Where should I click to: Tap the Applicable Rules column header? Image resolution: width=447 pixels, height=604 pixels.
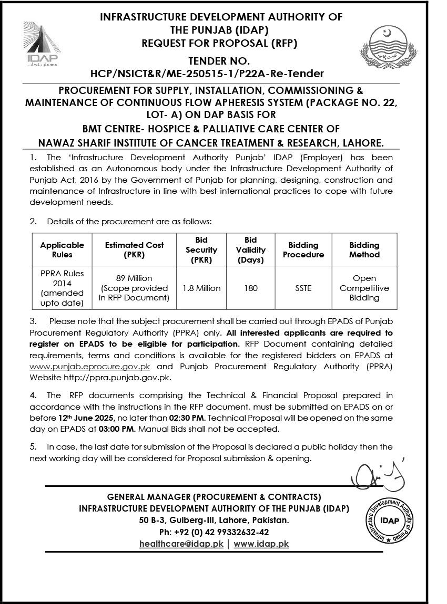[62, 250]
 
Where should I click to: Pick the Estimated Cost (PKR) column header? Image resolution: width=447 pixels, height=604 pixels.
[134, 250]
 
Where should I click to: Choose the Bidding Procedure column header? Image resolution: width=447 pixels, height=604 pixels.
[303, 250]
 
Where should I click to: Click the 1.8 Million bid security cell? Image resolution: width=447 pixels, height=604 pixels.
[201, 288]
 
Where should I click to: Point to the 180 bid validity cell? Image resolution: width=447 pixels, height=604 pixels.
[251, 288]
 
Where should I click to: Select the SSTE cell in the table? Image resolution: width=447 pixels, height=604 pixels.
[303, 288]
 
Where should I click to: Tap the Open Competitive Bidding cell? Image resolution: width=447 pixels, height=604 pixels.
[364, 288]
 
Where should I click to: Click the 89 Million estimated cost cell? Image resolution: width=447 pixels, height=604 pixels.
[134, 288]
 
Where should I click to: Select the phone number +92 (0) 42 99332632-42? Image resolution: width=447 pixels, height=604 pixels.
[214, 532]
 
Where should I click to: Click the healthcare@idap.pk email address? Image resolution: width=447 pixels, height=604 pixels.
[181, 544]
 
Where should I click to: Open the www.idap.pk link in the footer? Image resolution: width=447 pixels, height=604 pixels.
[261, 544]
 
